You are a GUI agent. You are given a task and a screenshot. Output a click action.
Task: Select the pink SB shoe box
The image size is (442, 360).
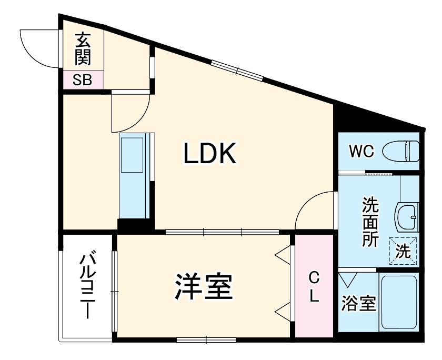point(82,80)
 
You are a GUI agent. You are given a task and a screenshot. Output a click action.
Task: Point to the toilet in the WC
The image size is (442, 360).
point(400,152)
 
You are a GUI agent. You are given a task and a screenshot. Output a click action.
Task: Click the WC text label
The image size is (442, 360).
point(361,152)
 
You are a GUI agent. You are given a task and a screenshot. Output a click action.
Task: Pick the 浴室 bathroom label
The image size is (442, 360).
point(358,303)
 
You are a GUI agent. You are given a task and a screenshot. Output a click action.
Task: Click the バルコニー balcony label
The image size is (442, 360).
point(87,287)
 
